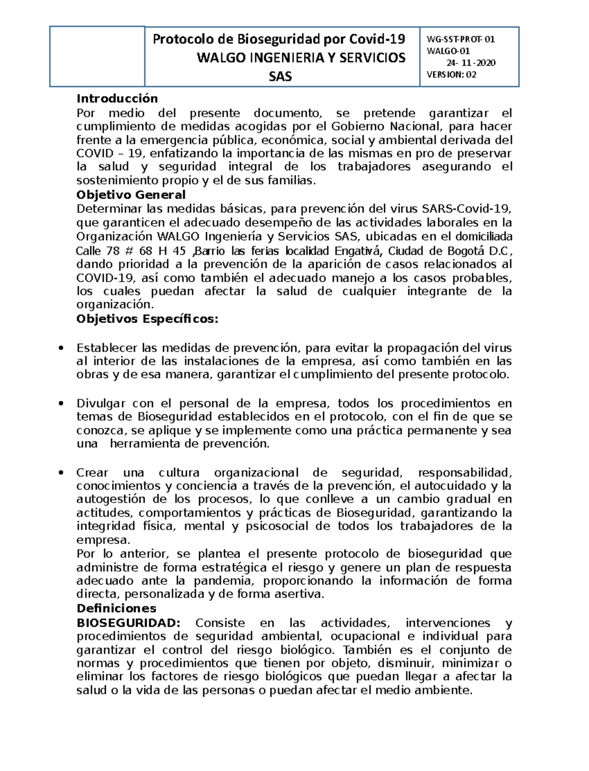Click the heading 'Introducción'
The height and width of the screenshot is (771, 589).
tap(117, 99)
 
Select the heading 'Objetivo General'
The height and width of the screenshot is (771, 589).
tap(131, 195)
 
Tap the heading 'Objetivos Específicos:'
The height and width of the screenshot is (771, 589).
tap(147, 319)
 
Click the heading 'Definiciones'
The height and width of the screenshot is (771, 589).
tap(116, 609)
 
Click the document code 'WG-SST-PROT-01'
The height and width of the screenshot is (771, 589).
tap(460, 40)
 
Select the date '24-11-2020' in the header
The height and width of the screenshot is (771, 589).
tap(471, 63)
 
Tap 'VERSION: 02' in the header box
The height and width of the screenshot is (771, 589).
tap(451, 75)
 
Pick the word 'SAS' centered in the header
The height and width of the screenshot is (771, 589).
tap(280, 77)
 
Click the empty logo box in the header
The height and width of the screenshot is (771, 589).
tap(97, 56)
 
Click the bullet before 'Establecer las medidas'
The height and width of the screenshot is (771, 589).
tap(61, 348)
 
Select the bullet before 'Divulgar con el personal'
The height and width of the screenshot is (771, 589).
tap(61, 404)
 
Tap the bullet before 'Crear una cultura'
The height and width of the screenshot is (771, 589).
tap(61, 473)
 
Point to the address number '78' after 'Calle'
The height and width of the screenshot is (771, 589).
tap(112, 251)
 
